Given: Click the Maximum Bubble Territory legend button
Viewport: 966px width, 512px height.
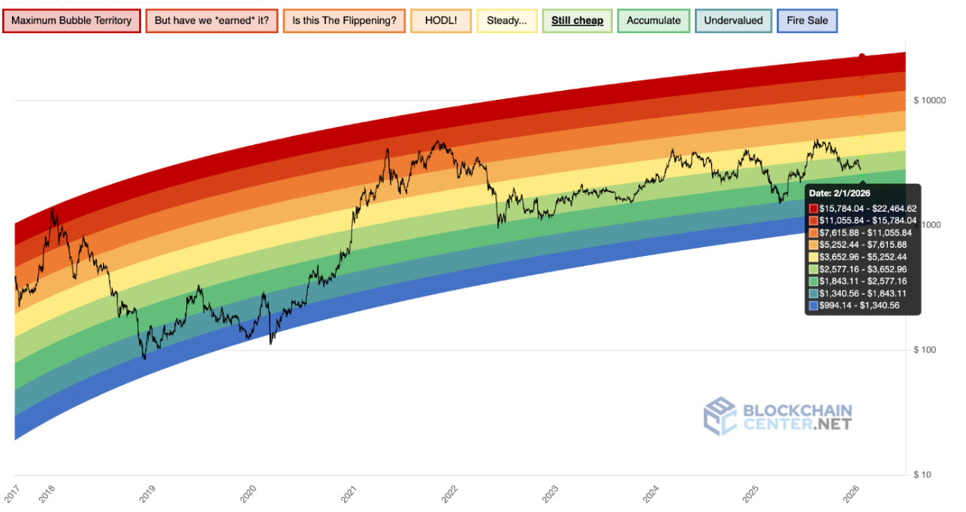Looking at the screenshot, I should (x=71, y=20).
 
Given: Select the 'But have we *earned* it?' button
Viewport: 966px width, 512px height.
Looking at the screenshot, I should (x=211, y=20).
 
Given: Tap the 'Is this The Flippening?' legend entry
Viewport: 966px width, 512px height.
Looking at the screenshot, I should (x=344, y=20).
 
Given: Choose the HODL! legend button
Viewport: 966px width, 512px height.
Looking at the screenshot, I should (x=440, y=20).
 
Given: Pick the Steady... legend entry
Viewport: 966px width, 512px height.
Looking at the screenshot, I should (x=506, y=20).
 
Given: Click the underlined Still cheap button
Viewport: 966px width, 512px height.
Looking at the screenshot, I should (x=577, y=20).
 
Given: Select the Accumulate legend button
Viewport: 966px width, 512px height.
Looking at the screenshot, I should (x=654, y=20).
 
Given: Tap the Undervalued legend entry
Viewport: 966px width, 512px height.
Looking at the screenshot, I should (x=733, y=20).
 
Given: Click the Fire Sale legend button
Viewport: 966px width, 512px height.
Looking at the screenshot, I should (x=807, y=20).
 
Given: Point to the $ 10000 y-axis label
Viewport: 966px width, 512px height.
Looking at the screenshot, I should (x=929, y=101).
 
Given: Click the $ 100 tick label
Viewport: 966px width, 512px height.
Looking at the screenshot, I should (x=926, y=350).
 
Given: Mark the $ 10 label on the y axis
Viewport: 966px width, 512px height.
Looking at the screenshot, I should (x=924, y=474).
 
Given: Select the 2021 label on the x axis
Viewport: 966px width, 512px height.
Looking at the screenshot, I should (x=349, y=492).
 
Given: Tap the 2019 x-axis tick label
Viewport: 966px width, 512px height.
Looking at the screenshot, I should (x=147, y=492).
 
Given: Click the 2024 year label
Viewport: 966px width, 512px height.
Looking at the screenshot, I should (x=651, y=492).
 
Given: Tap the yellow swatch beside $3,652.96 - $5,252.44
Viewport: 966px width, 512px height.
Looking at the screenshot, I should (x=814, y=257).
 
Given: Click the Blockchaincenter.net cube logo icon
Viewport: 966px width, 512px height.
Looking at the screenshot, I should (x=720, y=415).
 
